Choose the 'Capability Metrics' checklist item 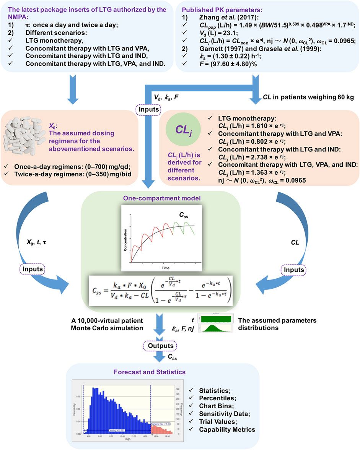coord(227,429)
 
